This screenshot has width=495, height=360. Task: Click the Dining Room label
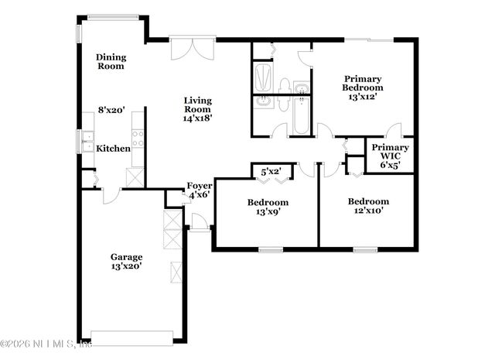[111, 61]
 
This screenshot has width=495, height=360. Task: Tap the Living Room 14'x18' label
[197, 108]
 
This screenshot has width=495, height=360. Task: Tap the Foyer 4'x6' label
[200, 190]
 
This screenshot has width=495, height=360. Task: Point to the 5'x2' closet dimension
[271, 171]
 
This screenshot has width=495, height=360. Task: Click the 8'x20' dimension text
[111, 111]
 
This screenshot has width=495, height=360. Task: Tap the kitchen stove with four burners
[138, 139]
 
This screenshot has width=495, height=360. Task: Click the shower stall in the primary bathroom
[263, 77]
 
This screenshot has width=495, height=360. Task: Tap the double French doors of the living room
[190, 47]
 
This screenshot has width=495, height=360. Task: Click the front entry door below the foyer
[199, 222]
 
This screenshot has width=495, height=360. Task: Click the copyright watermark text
[46, 344]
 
